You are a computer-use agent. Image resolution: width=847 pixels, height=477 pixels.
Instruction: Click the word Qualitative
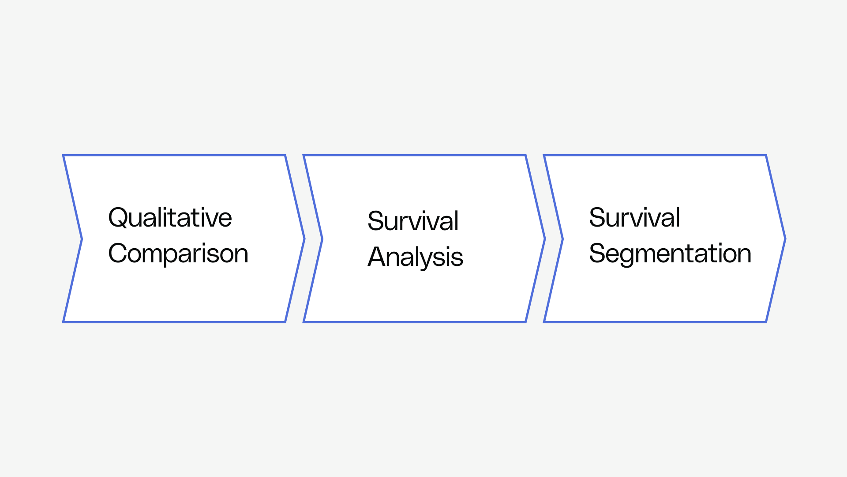click(x=170, y=218)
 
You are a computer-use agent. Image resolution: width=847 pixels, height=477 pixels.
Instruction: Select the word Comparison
click(x=178, y=254)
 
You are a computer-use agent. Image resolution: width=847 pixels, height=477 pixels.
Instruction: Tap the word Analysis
click(x=415, y=257)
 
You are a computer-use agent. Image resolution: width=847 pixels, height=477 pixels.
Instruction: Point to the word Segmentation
click(x=670, y=254)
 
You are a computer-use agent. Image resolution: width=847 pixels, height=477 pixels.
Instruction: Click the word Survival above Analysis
click(x=413, y=221)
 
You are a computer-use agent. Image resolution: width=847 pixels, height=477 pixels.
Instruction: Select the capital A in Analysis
click(x=377, y=257)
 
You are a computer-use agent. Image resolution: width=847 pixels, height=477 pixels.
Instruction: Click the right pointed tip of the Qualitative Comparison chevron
click(x=304, y=239)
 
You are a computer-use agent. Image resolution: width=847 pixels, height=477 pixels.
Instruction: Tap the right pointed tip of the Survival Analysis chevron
click(x=544, y=239)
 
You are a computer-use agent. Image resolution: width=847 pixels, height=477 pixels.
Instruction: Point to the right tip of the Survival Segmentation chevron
click(x=785, y=239)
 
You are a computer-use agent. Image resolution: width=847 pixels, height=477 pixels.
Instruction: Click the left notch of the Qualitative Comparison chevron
click(x=82, y=239)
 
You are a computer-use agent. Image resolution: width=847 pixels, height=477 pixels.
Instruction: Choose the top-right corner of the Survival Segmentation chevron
click(x=765, y=156)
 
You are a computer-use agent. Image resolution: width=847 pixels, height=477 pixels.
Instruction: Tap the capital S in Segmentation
click(x=596, y=254)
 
